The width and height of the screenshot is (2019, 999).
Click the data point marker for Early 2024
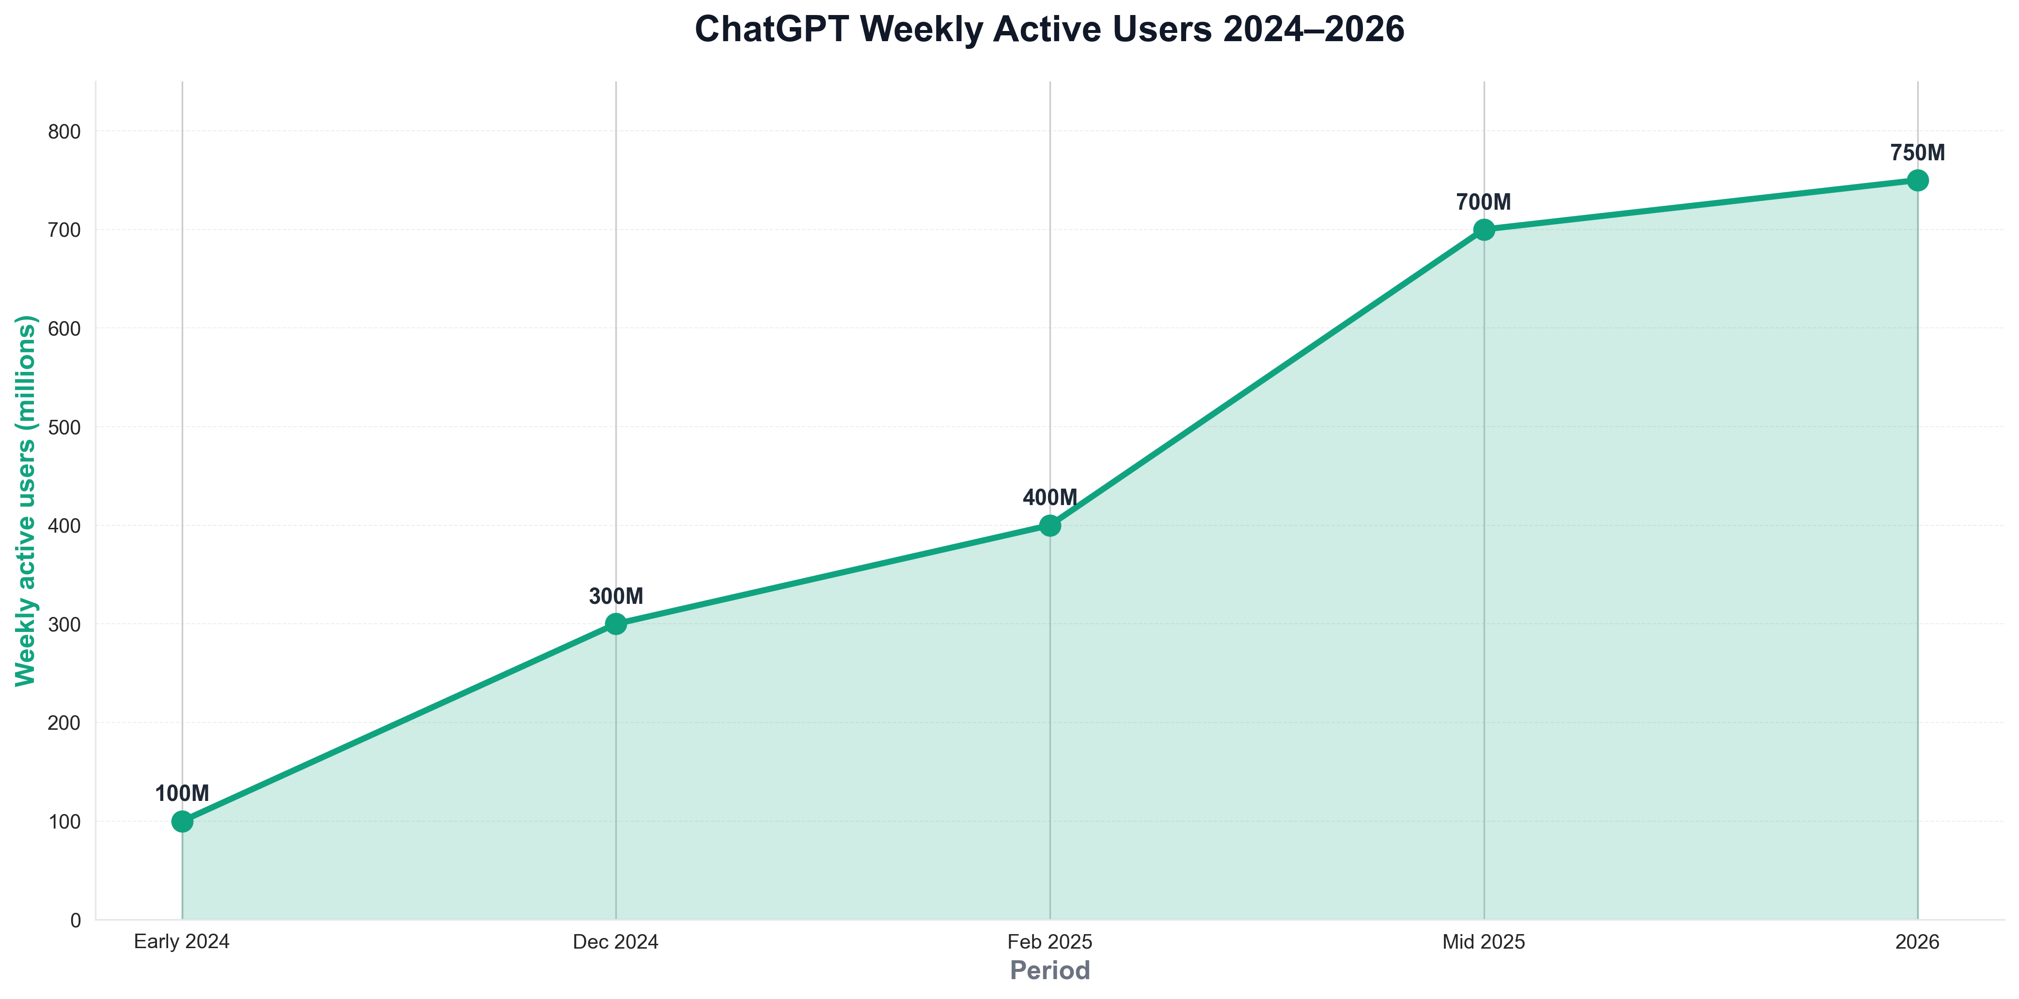tap(182, 821)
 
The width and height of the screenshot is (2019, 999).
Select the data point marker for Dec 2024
tap(616, 624)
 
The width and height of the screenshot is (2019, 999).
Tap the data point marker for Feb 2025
tap(1050, 525)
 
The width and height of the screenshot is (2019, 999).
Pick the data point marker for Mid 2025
tap(1484, 230)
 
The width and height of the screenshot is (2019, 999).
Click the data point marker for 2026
tap(1918, 180)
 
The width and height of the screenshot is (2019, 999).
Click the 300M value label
tap(616, 596)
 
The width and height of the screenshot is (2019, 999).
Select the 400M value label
tap(1050, 497)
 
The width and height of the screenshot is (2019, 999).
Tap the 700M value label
tap(1484, 202)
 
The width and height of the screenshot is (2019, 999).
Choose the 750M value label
tap(1918, 153)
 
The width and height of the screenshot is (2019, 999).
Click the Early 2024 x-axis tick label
tap(182, 942)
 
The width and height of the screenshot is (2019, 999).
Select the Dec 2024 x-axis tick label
tap(616, 942)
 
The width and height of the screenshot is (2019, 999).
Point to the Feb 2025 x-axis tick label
tap(1050, 942)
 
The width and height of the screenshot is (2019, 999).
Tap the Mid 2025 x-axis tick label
tap(1484, 942)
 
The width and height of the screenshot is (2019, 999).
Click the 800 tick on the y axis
tap(64, 132)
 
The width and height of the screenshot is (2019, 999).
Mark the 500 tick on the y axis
tap(64, 427)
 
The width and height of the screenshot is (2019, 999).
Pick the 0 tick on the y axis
tap(75, 921)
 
